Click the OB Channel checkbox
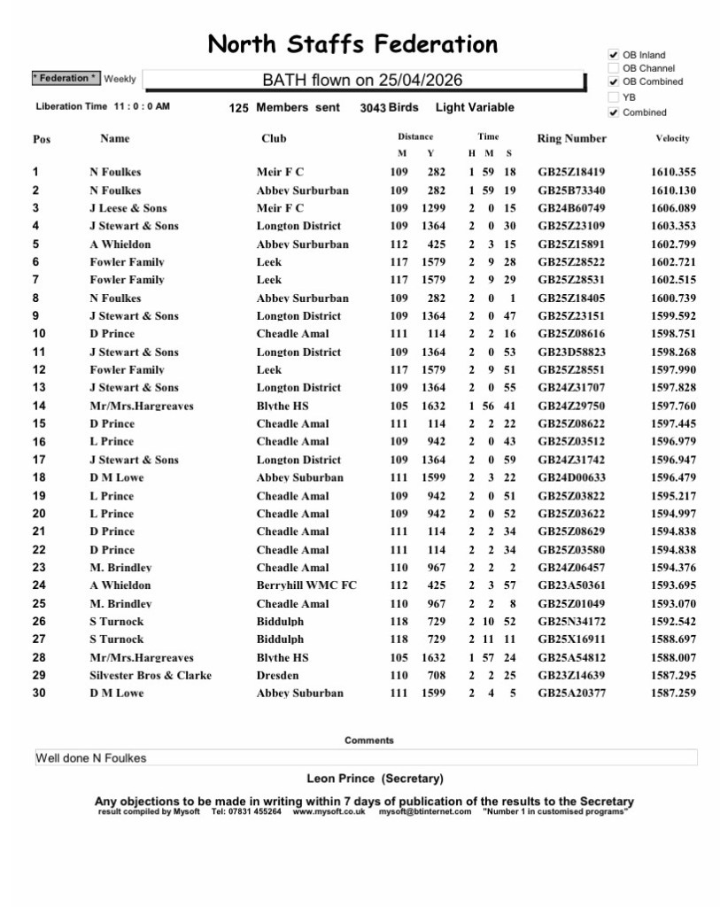[x=613, y=68]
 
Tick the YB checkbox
[x=613, y=97]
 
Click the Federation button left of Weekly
[x=66, y=79]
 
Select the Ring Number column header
[x=571, y=138]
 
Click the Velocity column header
[x=672, y=138]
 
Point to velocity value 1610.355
[x=672, y=172]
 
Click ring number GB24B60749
[x=571, y=208]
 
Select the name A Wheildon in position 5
[x=120, y=244]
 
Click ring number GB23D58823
[x=571, y=353]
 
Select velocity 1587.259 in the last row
[x=672, y=694]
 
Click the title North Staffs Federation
[x=352, y=44]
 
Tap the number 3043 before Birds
[x=372, y=107]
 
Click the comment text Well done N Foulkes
[x=90, y=758]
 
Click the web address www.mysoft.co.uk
[x=329, y=811]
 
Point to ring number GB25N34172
[x=571, y=622]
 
